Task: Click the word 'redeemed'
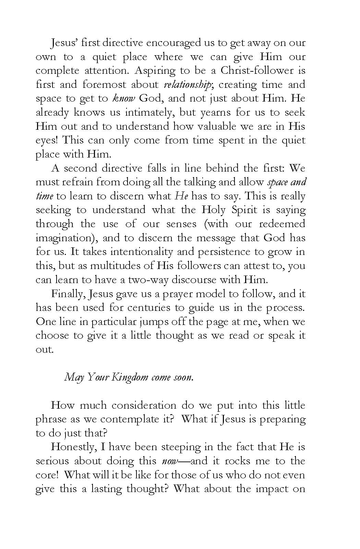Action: tap(282, 224)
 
